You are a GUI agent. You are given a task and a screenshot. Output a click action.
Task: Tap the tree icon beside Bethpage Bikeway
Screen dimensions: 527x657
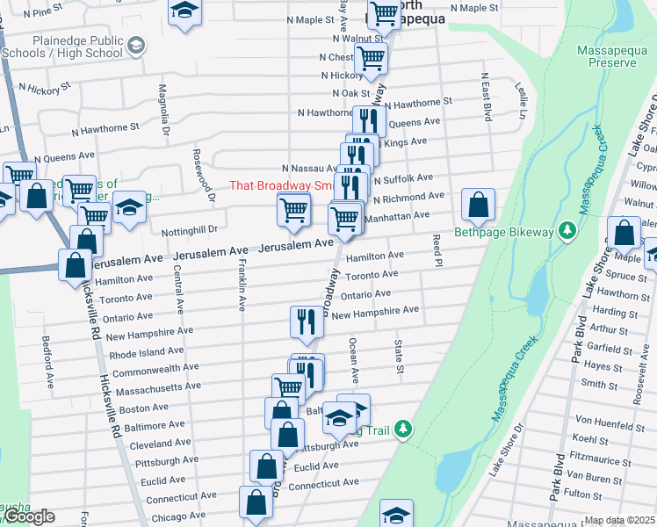coord(567,231)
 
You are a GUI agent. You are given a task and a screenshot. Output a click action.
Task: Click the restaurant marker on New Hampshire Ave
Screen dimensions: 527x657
coord(307,321)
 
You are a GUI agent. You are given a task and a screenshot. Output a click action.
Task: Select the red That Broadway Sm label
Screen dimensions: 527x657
coord(281,185)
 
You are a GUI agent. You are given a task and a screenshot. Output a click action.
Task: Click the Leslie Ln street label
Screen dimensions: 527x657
coord(522,102)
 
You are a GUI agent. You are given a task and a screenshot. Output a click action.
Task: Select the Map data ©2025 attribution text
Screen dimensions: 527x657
coord(619,520)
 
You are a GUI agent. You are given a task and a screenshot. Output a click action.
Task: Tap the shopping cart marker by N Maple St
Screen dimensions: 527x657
coord(385,14)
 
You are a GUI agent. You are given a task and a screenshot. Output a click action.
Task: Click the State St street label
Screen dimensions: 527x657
coord(399,356)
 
